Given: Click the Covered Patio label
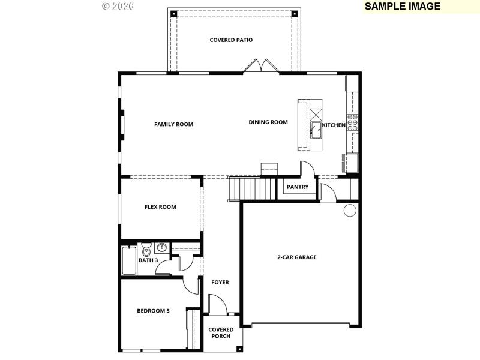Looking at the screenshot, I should pos(231,40).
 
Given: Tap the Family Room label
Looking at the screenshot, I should pos(173,124).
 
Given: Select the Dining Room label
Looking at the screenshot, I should pos(268,122).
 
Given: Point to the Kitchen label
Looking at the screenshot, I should pos(334,125).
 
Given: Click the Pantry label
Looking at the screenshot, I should pos(298,187).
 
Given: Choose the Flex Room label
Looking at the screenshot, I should pos(160,207).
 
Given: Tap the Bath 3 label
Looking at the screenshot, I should pos(148,260).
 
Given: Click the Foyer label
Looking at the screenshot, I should pos(220,282).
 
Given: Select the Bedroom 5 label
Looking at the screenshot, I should pos(153,311).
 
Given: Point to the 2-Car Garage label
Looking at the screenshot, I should pos(296,257).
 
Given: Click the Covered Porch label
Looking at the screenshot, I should pos(221,333).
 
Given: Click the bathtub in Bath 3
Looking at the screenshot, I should pos(128,261).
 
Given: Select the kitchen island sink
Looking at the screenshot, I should pos(316,128).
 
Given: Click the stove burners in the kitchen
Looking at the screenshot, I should pos(353,122).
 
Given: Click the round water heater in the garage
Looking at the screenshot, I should pos(349,210).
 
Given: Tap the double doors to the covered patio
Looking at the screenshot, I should pos(262,66).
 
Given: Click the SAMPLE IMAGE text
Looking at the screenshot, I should pos(402,7).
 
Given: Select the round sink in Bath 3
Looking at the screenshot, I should pos(161,247).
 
